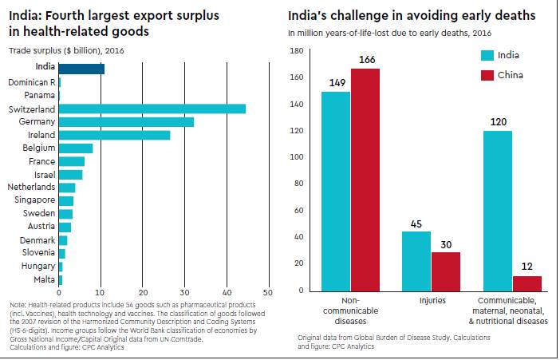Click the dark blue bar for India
[x=81, y=68]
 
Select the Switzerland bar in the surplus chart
[x=152, y=109]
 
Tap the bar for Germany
[x=126, y=121]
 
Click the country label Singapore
[x=30, y=200]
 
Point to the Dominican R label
[x=31, y=82]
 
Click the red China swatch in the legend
[x=486, y=75]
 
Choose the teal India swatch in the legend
[x=486, y=56]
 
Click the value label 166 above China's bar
[x=368, y=61]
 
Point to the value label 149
[x=337, y=82]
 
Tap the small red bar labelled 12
[x=527, y=283]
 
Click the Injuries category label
[x=432, y=302]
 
